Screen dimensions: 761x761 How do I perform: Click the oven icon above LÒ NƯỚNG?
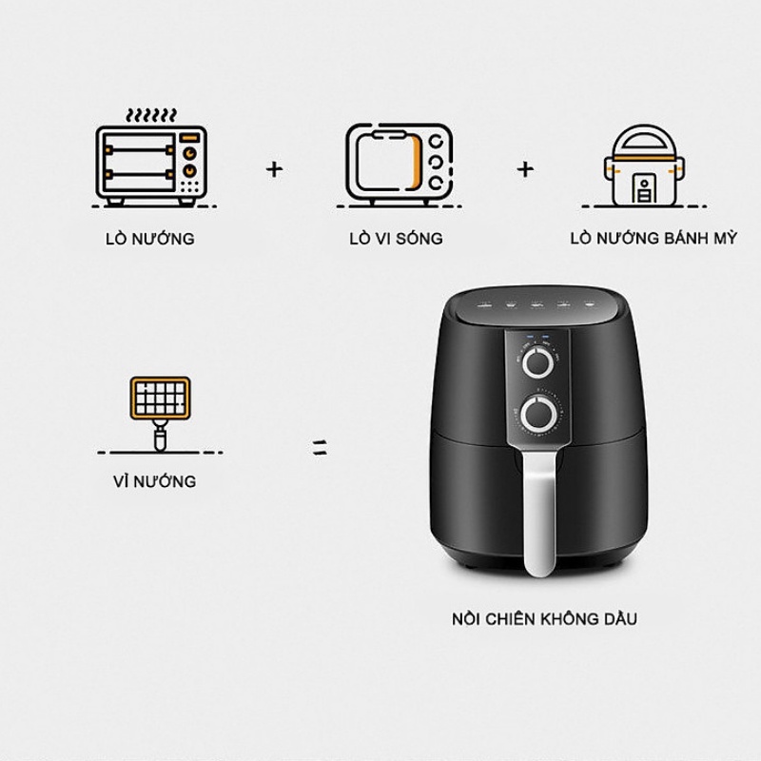[151, 162]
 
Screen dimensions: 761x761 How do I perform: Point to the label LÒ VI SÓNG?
[396, 238]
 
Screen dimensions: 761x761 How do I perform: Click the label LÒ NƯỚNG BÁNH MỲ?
[653, 238]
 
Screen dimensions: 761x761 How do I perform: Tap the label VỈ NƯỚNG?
[152, 481]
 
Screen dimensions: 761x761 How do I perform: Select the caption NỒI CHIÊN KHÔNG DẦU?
[544, 618]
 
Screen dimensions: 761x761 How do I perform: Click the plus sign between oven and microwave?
[275, 168]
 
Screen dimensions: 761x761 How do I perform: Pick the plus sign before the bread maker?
[525, 168]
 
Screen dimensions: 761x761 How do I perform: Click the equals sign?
[321, 446]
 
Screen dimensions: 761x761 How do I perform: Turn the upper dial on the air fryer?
[539, 362]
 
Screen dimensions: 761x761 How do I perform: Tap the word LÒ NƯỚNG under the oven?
[149, 238]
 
